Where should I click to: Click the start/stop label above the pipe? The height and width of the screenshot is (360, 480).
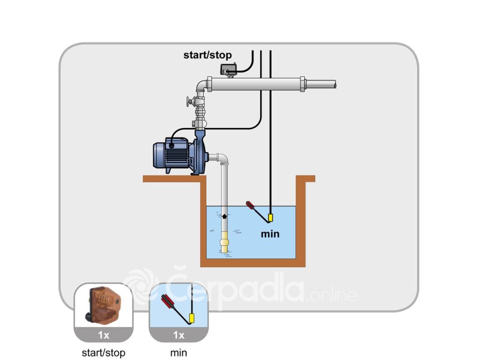[x=208, y=55]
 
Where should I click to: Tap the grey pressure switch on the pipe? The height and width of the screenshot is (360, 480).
[x=229, y=69]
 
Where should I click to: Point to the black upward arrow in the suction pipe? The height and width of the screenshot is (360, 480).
[x=225, y=216]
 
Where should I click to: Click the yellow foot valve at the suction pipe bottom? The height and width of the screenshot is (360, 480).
[x=225, y=242]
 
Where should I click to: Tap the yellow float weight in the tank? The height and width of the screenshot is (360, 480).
[x=270, y=217]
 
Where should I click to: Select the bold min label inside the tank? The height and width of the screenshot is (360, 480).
[x=270, y=234]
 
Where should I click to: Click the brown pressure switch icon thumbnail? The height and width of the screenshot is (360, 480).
[x=104, y=306]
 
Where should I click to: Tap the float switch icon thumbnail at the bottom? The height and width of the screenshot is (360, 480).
[x=179, y=306]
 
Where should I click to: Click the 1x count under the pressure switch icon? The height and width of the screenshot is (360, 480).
[x=104, y=335]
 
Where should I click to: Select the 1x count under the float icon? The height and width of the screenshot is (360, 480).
[x=179, y=335]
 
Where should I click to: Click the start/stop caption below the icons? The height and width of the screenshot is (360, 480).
[x=104, y=352]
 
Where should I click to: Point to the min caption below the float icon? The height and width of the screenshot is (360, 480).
[x=179, y=352]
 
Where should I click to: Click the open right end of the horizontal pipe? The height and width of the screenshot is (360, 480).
[x=335, y=84]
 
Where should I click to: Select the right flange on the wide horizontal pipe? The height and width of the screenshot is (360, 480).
[x=302, y=84]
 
